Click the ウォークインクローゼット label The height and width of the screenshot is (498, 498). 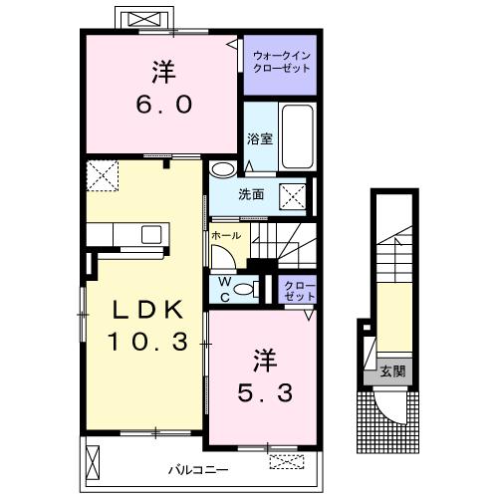282,62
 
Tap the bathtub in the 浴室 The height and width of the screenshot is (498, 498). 298,136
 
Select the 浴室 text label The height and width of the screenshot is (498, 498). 260,138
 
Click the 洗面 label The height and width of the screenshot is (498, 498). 251,194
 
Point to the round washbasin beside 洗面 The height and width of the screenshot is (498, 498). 222,169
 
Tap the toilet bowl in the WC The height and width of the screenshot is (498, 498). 244,289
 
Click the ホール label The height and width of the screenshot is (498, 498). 226,236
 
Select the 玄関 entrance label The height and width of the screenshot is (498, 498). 392,371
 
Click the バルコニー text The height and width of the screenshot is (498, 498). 198,470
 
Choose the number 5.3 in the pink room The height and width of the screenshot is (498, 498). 265,392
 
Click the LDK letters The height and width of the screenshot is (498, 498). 148,310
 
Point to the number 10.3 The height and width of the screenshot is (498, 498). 148,342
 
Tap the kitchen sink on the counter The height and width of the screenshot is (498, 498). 151,234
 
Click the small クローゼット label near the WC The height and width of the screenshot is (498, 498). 300,291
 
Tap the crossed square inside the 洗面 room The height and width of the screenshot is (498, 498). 293,197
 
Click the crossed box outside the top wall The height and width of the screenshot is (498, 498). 143,19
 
